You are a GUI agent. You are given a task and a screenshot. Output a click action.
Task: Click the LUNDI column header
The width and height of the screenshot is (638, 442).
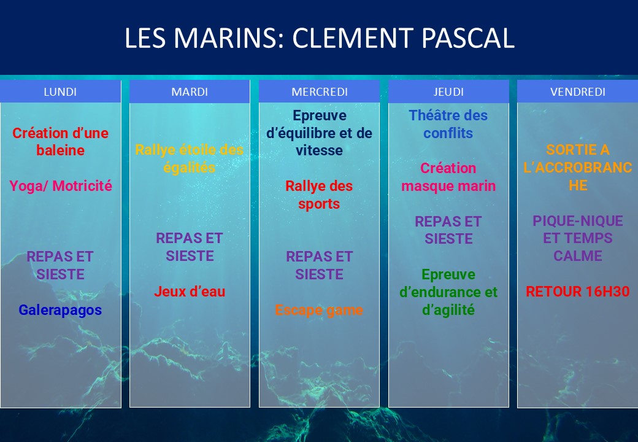pos(60,91)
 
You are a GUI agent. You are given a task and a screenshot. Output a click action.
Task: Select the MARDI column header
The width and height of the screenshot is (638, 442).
pos(190,91)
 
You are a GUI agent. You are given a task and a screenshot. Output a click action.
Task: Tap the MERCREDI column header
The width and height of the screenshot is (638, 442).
pos(320,91)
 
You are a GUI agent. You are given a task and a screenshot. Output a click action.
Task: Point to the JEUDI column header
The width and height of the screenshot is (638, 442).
pos(448,91)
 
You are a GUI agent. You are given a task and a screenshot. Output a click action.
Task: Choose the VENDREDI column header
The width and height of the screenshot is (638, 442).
pos(578,91)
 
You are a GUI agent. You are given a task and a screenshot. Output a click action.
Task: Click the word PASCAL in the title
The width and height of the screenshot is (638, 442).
pos(468,38)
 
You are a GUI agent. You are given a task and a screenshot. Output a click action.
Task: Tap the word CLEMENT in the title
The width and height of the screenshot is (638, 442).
pos(352,38)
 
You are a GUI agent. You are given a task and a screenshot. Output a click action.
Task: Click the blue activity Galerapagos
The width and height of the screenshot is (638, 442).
pos(60,310)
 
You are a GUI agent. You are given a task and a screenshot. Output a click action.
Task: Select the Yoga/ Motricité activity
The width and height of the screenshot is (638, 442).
pos(61,186)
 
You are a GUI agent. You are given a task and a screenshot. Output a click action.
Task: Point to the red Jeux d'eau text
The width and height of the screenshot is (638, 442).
pos(190,292)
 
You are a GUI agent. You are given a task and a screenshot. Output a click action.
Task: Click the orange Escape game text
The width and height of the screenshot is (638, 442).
pos(319,310)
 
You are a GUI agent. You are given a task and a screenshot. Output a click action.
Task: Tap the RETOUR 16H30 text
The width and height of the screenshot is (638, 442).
pos(578,292)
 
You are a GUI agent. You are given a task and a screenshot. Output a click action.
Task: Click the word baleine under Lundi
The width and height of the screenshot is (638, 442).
pos(61,150)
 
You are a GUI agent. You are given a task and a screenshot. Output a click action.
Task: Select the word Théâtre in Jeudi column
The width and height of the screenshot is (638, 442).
pos(432,115)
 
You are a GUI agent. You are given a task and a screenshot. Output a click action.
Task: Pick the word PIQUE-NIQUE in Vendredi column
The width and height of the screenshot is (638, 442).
pos(578,221)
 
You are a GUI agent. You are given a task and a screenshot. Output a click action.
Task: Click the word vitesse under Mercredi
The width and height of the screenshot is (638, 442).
pos(319,150)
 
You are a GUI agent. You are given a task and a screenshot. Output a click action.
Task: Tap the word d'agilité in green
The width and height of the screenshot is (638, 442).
pos(448,310)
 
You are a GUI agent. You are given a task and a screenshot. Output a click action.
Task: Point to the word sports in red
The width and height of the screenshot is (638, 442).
pos(319,204)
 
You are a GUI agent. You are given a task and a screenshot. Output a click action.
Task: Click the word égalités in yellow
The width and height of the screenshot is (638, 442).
pos(189,168)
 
